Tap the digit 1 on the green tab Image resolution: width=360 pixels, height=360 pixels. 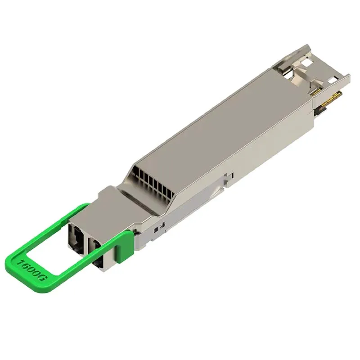[x=21, y=262]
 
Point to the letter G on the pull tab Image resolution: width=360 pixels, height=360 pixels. [x=43, y=278]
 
